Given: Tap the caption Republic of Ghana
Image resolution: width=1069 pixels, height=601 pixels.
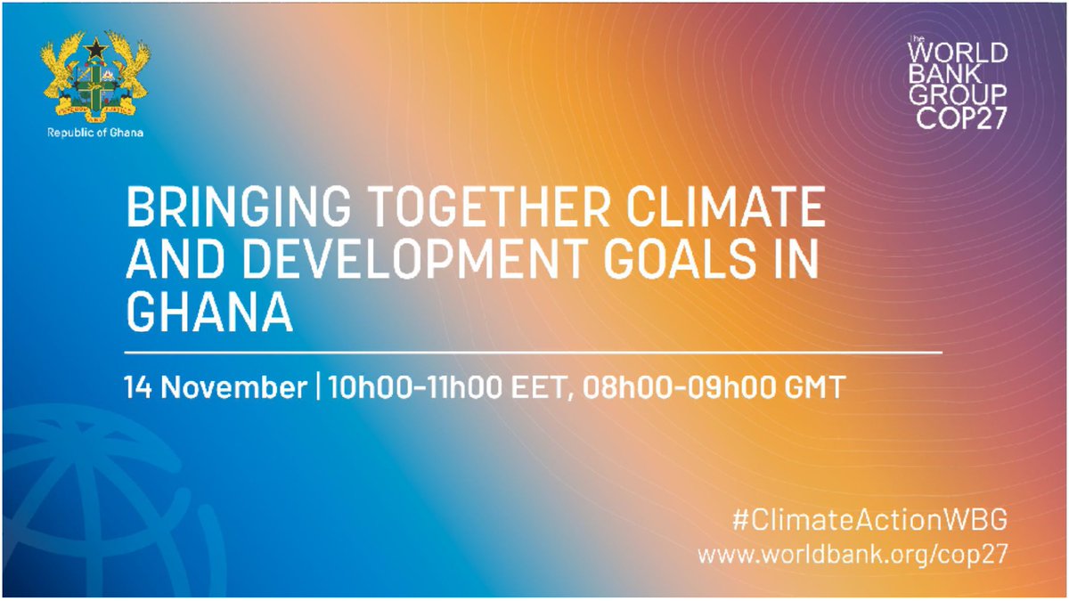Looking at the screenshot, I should click(94, 133).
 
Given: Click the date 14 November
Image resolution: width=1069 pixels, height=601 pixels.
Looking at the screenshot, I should click(215, 389).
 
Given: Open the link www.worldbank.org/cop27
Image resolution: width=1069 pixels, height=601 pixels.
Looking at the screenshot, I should click(853, 554).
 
